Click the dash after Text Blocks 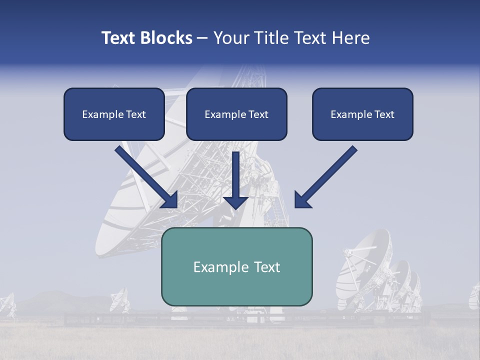pos(202,38)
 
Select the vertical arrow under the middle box pos(236,180)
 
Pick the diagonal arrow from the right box pos(327,176)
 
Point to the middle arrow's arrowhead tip pos(236,207)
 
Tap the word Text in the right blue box pos(383,114)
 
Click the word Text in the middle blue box pos(258,114)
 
